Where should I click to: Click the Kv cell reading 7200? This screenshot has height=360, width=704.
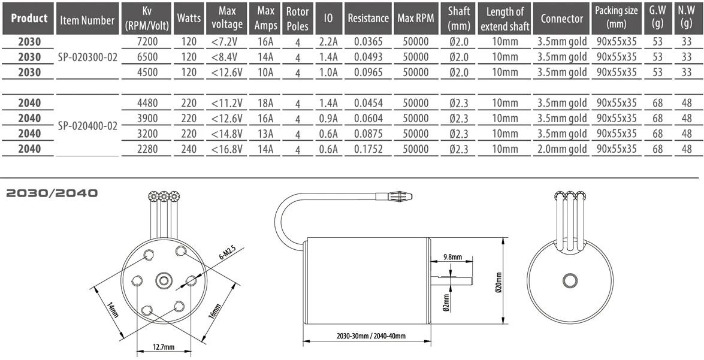(147, 42)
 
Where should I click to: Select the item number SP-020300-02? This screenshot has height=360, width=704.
(87, 58)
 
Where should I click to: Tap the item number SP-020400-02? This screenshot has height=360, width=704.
(87, 126)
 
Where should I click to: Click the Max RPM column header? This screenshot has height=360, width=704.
(416, 19)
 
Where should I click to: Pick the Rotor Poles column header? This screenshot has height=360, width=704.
(297, 19)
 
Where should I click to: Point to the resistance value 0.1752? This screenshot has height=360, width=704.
(368, 149)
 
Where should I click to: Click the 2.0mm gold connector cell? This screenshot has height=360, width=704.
(562, 149)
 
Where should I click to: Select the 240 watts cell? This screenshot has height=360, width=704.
(189, 149)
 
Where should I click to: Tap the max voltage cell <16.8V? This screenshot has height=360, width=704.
(227, 149)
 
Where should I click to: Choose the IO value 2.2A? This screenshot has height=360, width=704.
(328, 42)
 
